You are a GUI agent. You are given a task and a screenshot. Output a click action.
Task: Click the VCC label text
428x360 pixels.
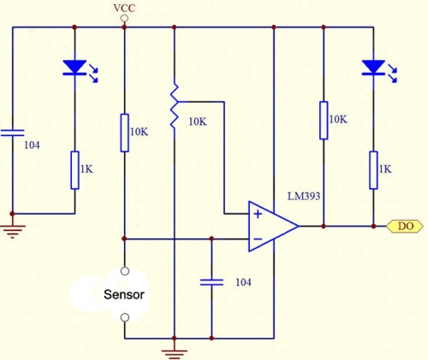[x=124, y=8]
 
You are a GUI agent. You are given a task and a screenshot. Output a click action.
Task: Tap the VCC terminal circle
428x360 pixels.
[x=124, y=19]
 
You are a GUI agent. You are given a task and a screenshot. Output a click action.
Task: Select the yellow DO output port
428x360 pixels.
[x=405, y=227]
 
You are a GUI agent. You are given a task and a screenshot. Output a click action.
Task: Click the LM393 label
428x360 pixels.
[x=304, y=196]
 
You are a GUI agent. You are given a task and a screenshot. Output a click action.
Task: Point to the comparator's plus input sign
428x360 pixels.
[x=258, y=214]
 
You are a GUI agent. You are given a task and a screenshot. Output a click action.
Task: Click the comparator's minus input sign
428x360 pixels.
[x=258, y=239]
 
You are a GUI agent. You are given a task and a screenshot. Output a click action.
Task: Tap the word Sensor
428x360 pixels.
[x=124, y=294]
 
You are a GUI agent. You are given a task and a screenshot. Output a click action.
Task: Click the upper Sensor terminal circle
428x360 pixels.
[x=125, y=271]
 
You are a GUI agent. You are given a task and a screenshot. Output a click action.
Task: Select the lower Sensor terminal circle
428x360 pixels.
[x=125, y=317]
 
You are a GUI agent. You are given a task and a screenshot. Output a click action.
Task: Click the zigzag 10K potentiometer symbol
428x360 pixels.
[x=175, y=105]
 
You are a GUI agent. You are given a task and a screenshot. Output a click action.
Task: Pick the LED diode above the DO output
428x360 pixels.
[x=373, y=68]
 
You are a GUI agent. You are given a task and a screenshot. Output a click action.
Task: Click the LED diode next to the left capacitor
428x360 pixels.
[x=74, y=68]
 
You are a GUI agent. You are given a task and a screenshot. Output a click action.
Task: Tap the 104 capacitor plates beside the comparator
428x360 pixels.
[x=211, y=282]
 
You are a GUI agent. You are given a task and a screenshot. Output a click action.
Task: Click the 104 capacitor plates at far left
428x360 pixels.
[x=12, y=133]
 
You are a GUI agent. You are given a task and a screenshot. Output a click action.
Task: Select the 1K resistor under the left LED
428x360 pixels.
[x=74, y=170]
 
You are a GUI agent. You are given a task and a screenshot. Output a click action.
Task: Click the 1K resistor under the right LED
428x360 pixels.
[x=373, y=170]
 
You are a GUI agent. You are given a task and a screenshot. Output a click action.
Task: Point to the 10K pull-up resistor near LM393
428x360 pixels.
[x=324, y=121]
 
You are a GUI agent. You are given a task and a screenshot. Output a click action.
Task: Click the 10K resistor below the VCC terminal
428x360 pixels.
[x=124, y=133]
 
